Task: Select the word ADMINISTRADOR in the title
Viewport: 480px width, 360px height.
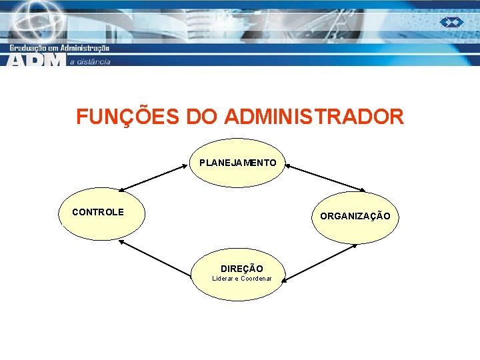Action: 314,117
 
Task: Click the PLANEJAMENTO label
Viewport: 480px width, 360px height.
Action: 237,163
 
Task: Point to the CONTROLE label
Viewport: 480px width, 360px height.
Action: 98,212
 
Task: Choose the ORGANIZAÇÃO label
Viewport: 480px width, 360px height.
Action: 355,216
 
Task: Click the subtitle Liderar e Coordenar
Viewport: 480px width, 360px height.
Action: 242,278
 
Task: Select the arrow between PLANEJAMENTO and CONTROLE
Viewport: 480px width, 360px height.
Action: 154,177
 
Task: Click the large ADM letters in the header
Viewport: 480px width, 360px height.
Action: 37,60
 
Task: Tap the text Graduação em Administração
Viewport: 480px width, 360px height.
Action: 59,47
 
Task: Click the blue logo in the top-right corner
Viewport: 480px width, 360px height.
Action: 451,23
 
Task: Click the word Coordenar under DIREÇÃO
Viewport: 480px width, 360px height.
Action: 256,278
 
